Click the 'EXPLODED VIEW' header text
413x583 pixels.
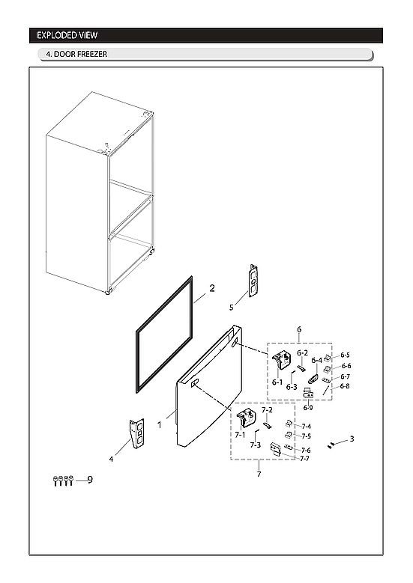tap(67, 35)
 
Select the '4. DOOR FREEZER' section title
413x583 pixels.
tap(76, 55)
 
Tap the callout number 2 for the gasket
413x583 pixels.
tap(212, 287)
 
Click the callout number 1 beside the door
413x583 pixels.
tap(159, 424)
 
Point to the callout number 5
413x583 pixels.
tap(232, 307)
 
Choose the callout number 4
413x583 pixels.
tap(112, 459)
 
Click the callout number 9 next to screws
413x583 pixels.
tap(89, 480)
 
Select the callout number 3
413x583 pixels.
tap(352, 439)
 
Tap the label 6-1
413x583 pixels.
tap(277, 382)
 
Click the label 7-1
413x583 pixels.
tap(240, 434)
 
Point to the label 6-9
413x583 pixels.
tap(308, 407)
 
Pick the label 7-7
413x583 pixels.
tap(306, 459)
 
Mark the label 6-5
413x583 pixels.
tap(345, 355)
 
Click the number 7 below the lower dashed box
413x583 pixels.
tap(259, 474)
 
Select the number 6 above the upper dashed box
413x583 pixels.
tap(299, 329)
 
